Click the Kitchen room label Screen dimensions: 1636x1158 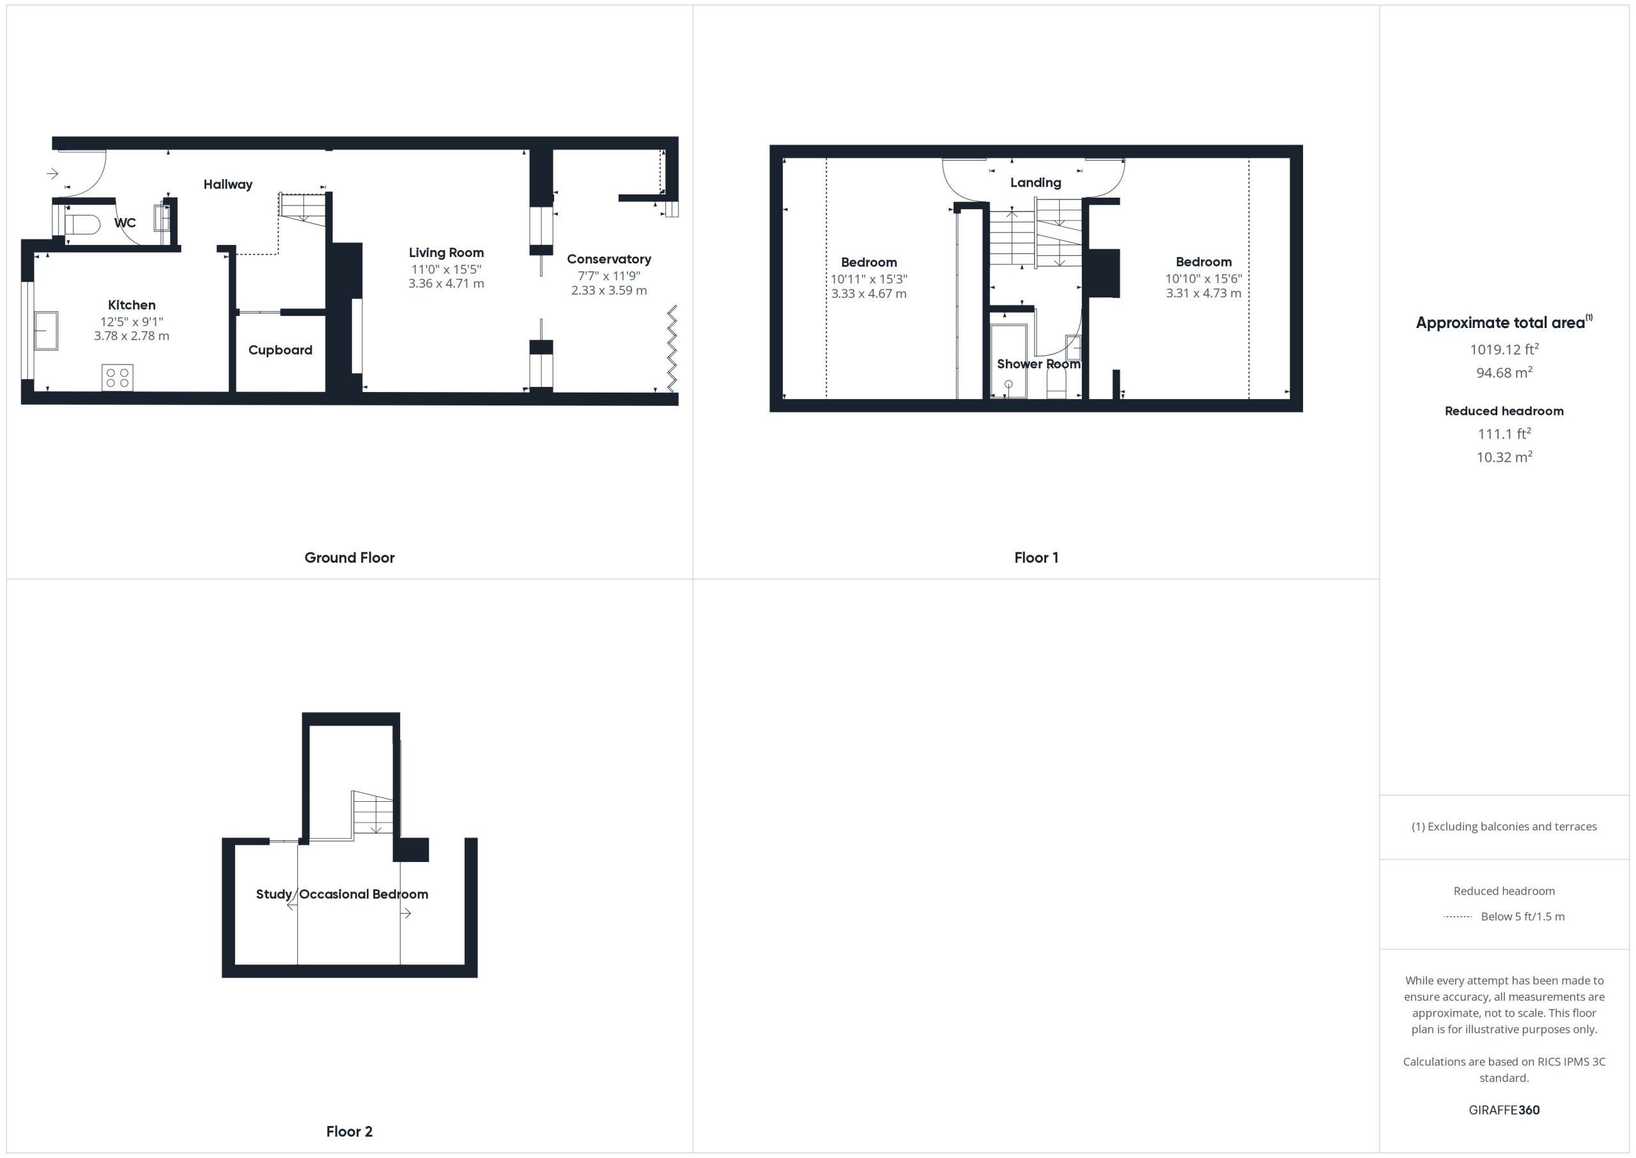click(132, 305)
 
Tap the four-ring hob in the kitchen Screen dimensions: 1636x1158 click(118, 377)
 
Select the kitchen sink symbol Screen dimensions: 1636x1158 click(45, 330)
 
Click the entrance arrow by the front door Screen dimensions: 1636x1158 click(52, 173)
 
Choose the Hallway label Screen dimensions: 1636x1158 click(228, 185)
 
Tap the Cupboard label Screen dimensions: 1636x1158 click(280, 350)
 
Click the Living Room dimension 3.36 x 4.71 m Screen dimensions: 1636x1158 click(446, 283)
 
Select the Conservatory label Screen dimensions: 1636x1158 click(609, 260)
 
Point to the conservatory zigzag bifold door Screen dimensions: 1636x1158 click(671, 348)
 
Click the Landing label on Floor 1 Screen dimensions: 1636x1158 click(1035, 182)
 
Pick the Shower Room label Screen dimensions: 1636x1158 click(1038, 364)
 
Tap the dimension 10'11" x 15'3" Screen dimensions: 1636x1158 click(868, 279)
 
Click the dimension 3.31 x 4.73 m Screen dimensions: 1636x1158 click(1203, 293)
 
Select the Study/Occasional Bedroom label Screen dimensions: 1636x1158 click(342, 894)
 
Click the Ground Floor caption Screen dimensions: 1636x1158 click(349, 558)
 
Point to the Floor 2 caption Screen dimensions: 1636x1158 click(349, 1132)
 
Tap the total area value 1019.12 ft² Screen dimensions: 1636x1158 click(1504, 349)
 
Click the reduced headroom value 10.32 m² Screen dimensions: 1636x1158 click(1504, 457)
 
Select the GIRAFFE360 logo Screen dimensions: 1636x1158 click(1504, 1110)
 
